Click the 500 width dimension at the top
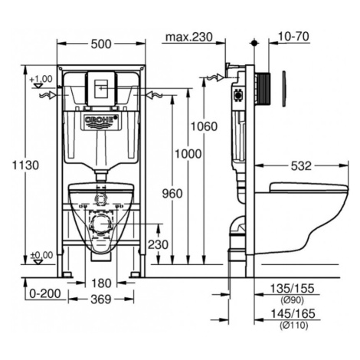coord(101,44)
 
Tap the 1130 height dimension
coord(26,165)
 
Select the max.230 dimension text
coord(188,37)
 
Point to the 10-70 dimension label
coord(293,36)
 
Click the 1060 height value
coord(205,126)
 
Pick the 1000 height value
coord(188,154)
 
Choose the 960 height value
coord(172,194)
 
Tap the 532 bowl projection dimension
coord(301,166)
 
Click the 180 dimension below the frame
coord(101,283)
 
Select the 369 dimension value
coord(101,299)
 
